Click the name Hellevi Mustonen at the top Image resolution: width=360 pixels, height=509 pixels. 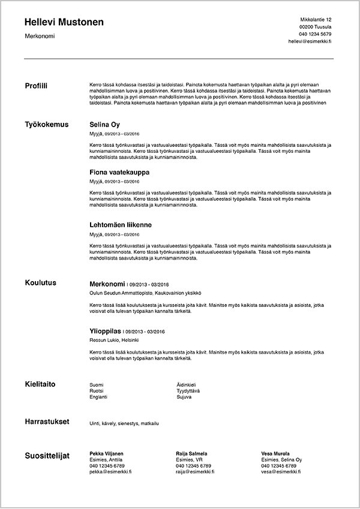pos(64,22)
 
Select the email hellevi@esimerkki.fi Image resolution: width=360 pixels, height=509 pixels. pos(310,42)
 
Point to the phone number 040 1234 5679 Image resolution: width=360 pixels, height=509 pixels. pos(315,34)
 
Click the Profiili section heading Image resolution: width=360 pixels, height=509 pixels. pos(36,86)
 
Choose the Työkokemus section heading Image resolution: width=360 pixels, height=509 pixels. pos(47,125)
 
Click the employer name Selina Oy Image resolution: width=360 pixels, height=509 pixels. pos(105,125)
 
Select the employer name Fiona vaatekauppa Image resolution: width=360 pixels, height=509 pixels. pos(119,172)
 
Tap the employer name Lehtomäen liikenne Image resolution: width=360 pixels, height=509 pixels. pos(120,225)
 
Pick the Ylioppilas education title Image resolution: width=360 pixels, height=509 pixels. pos(105,330)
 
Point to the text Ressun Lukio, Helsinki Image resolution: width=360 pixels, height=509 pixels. pos(114,340)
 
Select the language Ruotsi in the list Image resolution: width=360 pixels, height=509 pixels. pos(96,390)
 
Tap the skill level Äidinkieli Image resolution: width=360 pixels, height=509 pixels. pos(187,384)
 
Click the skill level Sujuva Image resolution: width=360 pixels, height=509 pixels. pos(184,397)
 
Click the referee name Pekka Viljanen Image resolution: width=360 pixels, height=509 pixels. pos(106,453)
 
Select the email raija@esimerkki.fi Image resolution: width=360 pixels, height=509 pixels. pos(195,472)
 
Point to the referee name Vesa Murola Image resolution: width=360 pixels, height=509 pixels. pos(275,453)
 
